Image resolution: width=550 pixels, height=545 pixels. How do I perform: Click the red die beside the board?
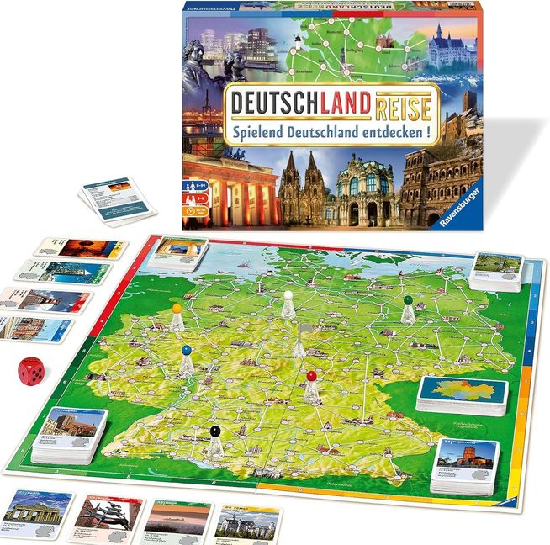pos(32,371)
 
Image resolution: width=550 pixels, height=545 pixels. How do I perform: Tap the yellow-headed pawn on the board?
pos(177,320)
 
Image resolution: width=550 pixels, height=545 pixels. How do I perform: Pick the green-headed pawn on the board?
pos(408,310)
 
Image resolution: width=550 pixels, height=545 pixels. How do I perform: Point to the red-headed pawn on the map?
pos(312,387)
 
